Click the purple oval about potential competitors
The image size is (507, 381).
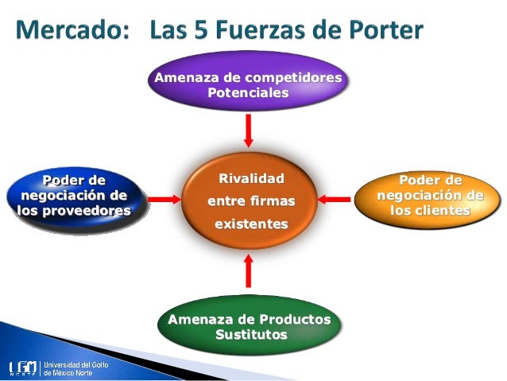248,84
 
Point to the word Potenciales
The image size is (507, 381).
248,92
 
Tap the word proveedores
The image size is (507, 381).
74,211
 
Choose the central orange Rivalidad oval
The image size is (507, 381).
250,202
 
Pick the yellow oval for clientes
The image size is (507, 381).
429,196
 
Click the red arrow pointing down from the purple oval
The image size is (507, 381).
249,130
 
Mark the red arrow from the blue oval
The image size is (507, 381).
165,198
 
